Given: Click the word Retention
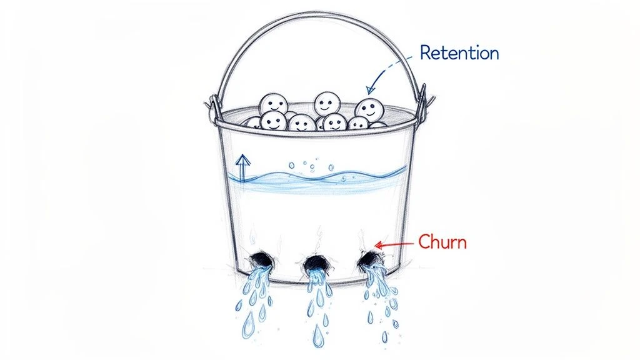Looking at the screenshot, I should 459,53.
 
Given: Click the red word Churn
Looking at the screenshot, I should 441,241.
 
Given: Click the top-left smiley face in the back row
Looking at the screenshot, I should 273,103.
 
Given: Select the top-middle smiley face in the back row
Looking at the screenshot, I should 326,102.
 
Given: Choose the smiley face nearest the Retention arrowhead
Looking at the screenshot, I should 369,110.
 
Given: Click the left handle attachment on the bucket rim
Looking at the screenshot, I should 214,107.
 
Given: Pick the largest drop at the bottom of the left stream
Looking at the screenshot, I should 249,325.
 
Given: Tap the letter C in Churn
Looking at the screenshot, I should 423,241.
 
